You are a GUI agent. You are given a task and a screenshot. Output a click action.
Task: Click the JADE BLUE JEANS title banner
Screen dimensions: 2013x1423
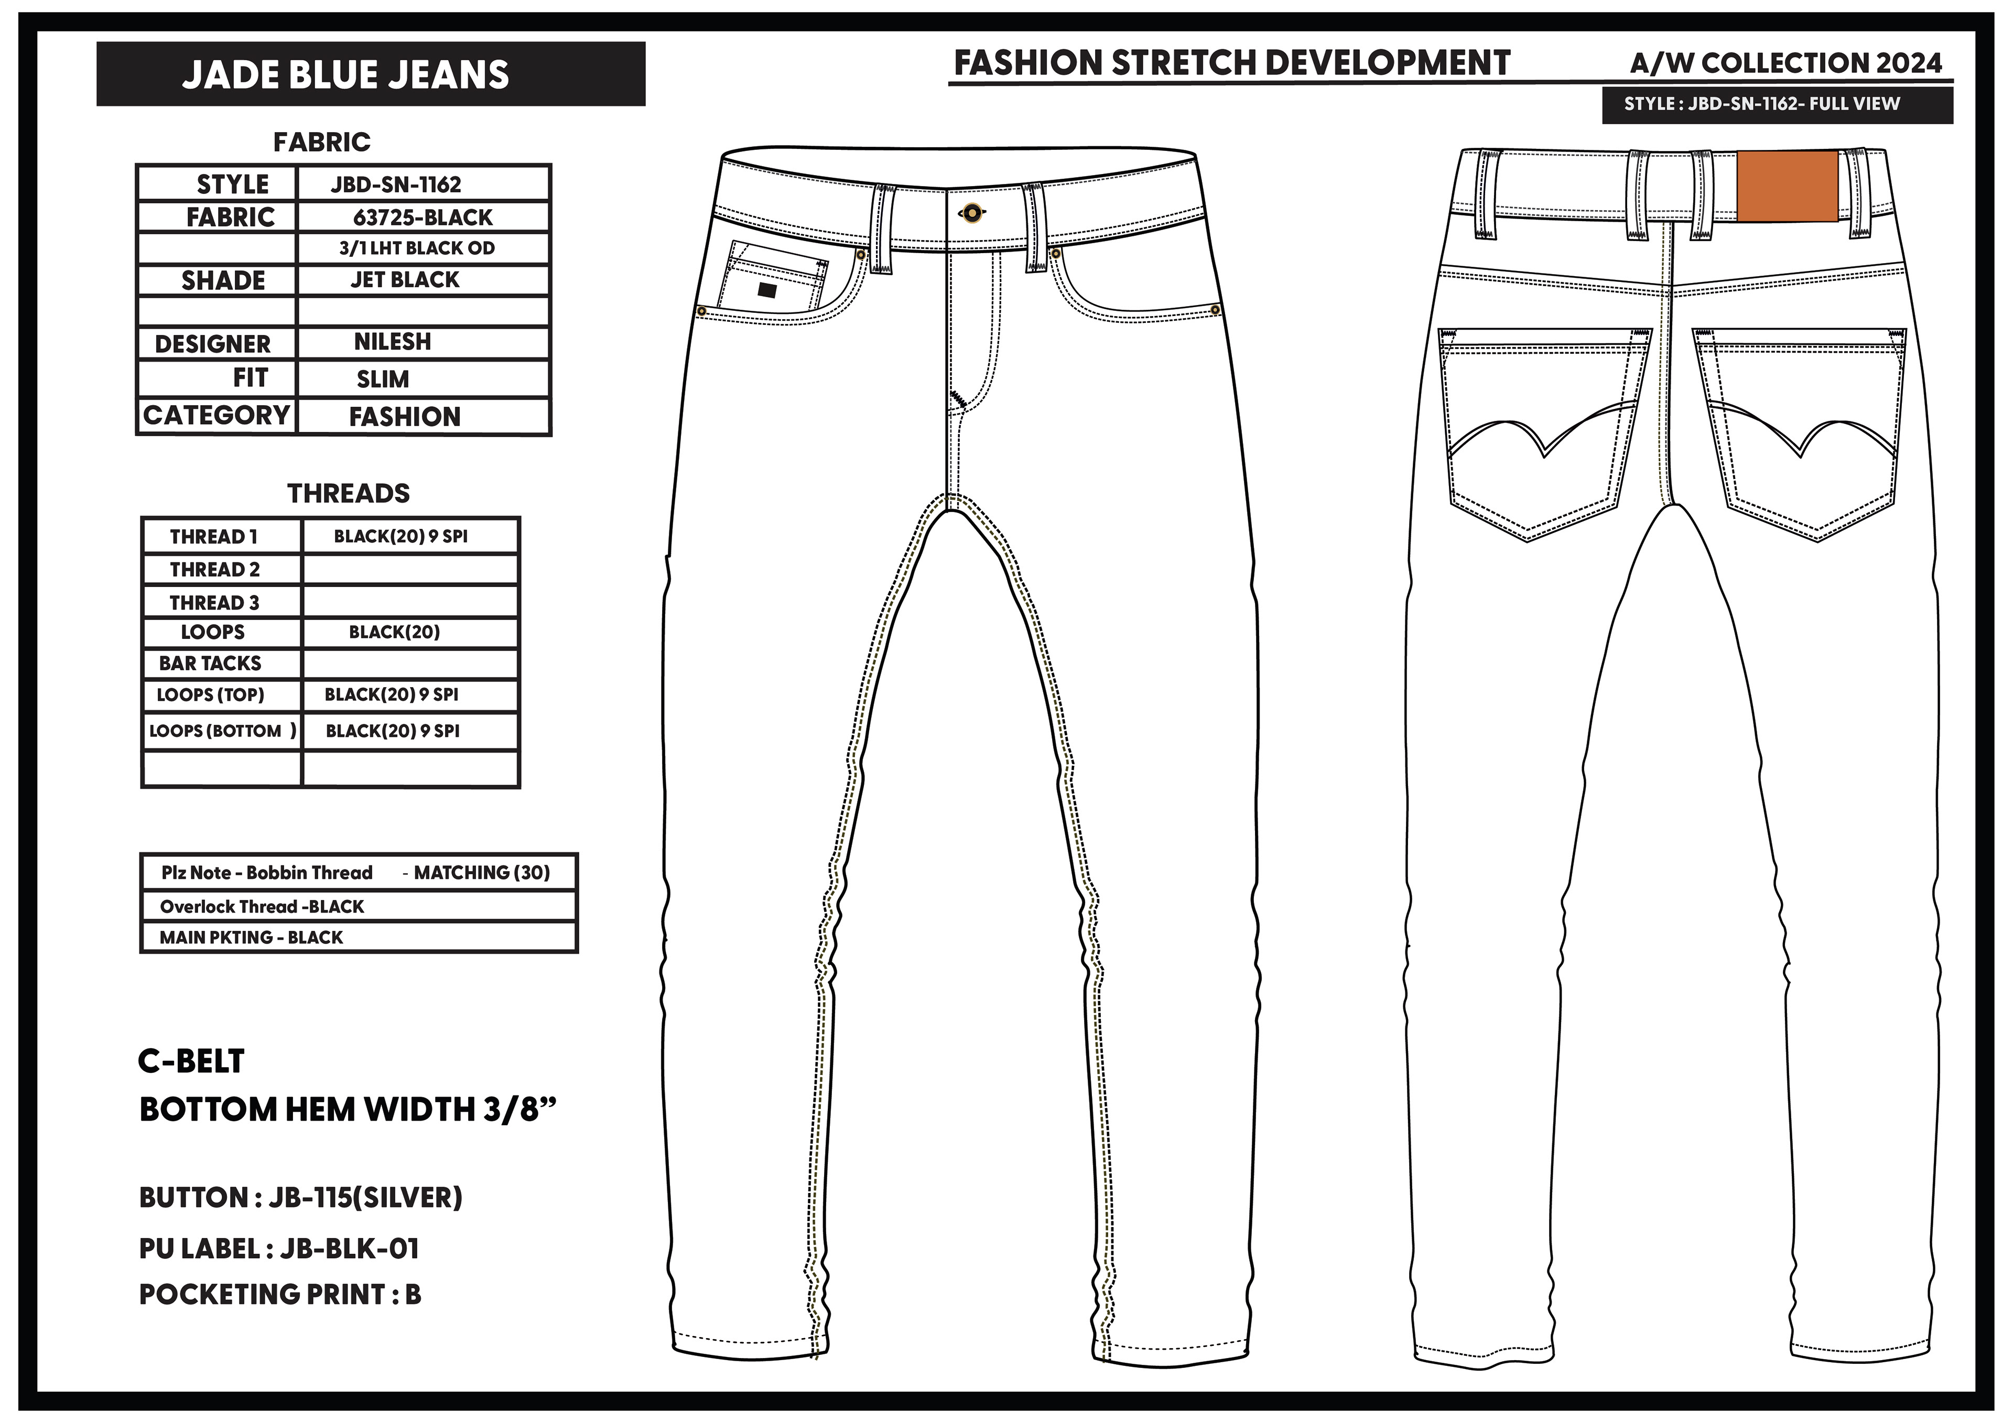click(x=370, y=74)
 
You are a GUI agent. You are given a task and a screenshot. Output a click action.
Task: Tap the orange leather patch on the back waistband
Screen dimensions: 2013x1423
click(x=1787, y=186)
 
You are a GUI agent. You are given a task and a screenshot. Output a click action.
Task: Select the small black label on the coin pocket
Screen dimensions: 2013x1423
click(x=766, y=290)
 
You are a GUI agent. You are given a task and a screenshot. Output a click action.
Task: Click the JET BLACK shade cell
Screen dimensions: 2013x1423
click(x=405, y=280)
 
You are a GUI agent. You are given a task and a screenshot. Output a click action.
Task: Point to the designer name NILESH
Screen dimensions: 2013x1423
click(x=393, y=342)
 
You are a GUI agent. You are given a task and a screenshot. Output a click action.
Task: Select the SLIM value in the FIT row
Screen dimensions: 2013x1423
click(x=383, y=379)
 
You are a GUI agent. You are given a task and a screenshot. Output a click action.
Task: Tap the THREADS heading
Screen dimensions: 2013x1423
click(x=348, y=494)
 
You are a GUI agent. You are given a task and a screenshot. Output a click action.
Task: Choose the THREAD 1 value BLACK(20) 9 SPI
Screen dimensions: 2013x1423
click(x=401, y=537)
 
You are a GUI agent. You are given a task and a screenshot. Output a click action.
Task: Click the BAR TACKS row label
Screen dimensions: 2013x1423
click(x=210, y=664)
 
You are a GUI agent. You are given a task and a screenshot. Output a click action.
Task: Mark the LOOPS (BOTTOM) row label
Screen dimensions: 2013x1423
click(x=222, y=731)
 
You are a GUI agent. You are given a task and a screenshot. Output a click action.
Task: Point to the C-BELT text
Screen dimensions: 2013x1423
click(x=191, y=1061)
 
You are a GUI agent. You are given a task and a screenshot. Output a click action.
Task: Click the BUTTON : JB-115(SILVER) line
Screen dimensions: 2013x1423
click(x=301, y=1198)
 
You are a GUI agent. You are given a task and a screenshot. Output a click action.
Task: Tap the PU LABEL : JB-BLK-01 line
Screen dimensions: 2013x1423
click(x=279, y=1248)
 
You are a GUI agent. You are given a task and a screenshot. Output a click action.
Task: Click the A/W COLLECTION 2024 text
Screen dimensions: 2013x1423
click(x=1786, y=63)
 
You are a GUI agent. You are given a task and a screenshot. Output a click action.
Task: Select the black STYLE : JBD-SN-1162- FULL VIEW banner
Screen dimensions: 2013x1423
click(x=1776, y=104)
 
